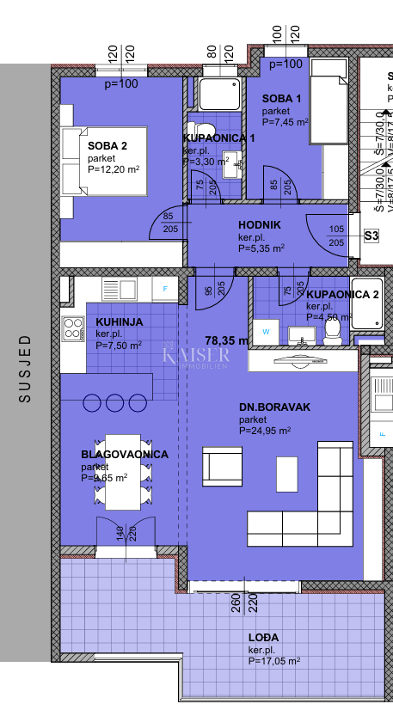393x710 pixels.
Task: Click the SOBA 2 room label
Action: point(107,145)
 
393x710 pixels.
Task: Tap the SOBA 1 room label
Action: point(282,99)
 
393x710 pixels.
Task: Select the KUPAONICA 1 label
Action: point(218,138)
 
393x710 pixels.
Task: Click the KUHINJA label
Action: point(120,321)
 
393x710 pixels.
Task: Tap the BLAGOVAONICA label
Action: point(125,454)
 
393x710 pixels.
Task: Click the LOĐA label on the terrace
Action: point(263,637)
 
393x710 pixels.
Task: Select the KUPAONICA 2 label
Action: point(342,294)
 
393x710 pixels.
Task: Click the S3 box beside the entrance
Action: point(372,236)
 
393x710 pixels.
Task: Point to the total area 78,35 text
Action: point(225,340)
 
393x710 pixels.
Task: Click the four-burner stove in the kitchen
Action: point(72,327)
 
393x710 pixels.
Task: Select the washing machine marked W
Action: point(266,330)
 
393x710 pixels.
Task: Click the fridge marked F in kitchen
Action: point(164,288)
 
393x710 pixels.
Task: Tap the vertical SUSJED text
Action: point(25,369)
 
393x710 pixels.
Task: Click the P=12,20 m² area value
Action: point(114,169)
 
